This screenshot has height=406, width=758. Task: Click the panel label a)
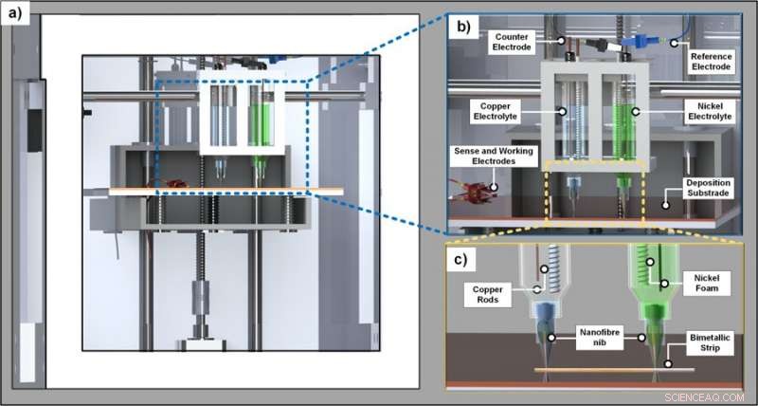coord(17,16)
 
